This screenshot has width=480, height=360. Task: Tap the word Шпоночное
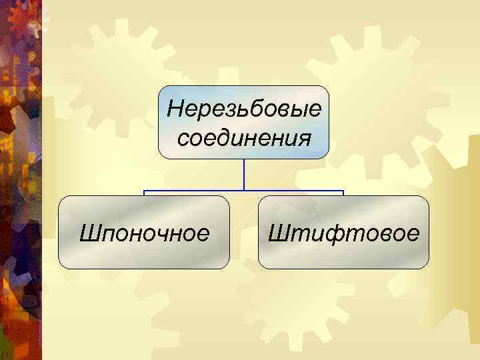(144, 233)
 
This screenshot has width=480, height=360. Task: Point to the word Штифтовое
(343, 233)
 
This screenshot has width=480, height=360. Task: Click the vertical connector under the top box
(245, 175)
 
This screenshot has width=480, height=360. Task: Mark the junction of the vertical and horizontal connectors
(245, 191)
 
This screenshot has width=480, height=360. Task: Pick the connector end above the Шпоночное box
(145, 193)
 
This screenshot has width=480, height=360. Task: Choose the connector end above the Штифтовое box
(343, 193)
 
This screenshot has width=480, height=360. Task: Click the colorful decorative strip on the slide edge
(20, 180)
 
